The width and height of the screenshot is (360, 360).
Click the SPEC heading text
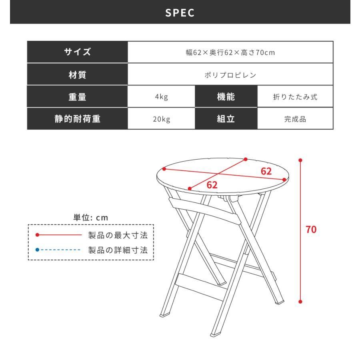(180, 12)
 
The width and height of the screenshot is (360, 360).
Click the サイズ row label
(77, 52)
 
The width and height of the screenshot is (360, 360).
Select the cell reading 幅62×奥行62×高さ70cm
(230, 52)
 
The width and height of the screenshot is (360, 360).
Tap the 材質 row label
(77, 74)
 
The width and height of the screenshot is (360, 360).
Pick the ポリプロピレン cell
(230, 74)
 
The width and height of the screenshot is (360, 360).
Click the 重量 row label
(77, 96)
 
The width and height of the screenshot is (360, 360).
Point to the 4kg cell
(161, 96)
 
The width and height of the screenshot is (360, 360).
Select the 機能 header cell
(226, 96)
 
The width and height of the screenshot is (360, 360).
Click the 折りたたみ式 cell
(295, 96)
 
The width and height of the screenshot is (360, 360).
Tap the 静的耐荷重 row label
(77, 118)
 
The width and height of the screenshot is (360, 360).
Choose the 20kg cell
(161, 118)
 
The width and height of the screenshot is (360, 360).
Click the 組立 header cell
(226, 118)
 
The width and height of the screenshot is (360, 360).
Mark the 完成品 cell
(295, 118)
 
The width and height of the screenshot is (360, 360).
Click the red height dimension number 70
(311, 230)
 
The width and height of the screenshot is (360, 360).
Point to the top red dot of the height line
(300, 160)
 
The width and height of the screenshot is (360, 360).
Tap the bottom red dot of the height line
(300, 302)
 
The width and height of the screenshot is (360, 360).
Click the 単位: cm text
(91, 218)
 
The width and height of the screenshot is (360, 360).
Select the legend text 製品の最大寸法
(121, 235)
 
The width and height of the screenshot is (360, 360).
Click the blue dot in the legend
(37, 250)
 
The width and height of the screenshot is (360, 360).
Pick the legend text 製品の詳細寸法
(121, 250)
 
